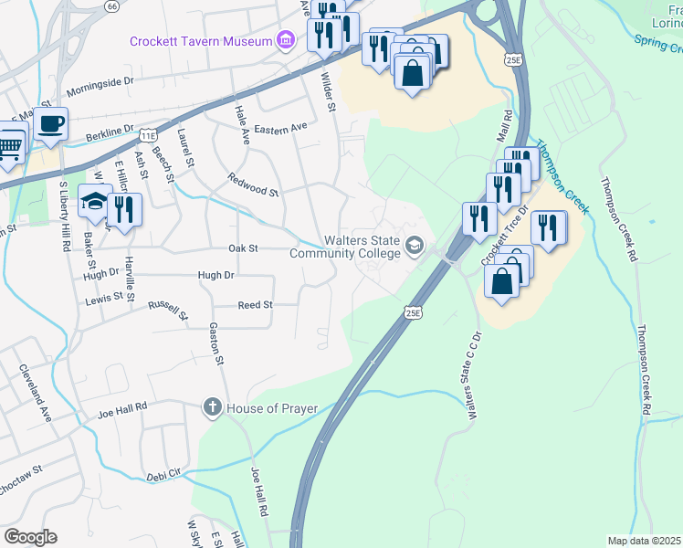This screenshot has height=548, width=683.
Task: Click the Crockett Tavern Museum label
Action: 201,41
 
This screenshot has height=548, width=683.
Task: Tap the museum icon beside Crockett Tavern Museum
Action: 286,41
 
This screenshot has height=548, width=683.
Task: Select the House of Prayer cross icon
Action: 212,406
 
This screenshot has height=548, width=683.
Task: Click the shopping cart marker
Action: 10,147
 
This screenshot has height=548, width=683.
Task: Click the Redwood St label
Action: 253,184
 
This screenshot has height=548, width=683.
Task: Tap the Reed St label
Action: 255,305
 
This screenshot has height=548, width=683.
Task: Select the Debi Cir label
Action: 164,476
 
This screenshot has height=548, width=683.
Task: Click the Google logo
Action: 30,537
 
